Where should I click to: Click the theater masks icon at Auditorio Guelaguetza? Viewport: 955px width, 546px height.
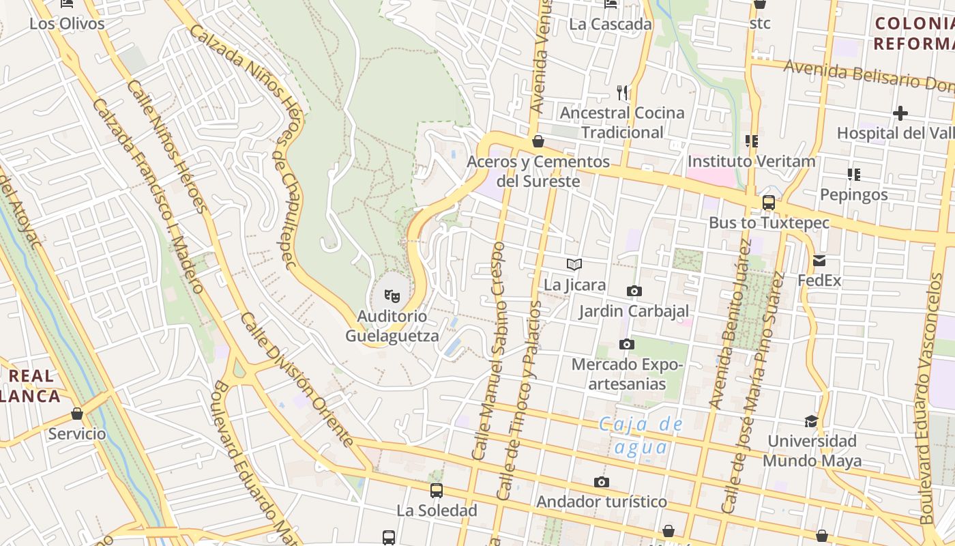392,296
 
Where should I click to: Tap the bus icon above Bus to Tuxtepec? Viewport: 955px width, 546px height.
769,203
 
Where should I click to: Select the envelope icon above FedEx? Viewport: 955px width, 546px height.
819,260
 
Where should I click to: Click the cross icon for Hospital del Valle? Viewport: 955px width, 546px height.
900,113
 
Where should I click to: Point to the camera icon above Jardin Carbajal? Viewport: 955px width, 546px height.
634,291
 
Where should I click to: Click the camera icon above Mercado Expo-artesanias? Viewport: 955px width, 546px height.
626,344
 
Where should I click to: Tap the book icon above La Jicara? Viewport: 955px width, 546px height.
574,264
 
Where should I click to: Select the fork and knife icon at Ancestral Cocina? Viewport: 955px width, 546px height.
622,91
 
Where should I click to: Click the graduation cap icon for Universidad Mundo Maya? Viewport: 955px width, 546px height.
811,421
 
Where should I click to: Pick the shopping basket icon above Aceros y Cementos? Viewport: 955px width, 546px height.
538,141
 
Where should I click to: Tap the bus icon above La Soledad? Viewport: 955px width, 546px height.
437,490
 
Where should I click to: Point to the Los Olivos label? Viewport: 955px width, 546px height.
67,24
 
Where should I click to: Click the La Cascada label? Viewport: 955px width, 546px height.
611,25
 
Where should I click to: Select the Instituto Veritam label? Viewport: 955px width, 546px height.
751,162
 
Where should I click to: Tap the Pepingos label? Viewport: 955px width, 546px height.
853,195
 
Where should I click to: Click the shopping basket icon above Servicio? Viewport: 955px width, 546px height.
77,414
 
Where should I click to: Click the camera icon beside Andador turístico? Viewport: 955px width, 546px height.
601,483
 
